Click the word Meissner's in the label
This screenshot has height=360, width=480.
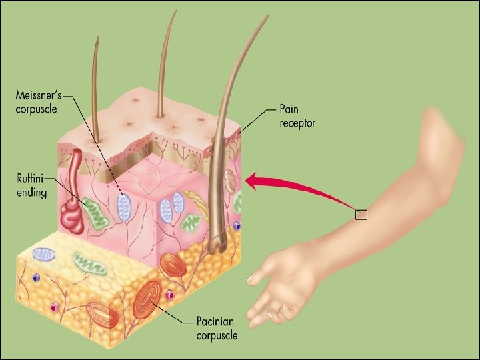(39, 95)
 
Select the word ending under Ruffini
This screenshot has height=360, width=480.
(31, 193)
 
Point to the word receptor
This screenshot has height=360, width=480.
(298, 123)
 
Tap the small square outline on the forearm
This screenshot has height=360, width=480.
(361, 214)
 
